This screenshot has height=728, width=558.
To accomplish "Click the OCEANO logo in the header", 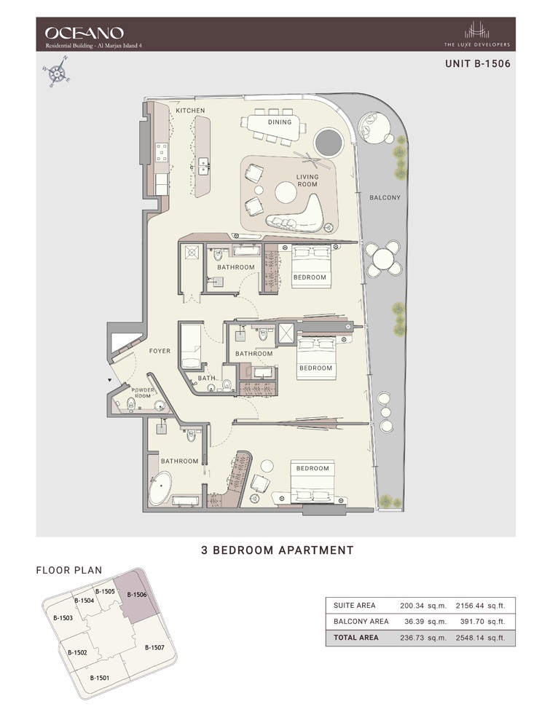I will point(84,32).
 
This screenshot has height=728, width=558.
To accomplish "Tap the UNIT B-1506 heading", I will point(477,63).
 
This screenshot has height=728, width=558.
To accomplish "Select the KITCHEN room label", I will point(190,111).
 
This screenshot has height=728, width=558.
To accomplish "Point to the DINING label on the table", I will point(279,122).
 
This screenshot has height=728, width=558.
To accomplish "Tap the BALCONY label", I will point(385,197).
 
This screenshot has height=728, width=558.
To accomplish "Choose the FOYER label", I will point(160,351).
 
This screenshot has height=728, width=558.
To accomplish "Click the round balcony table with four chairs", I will point(382,257).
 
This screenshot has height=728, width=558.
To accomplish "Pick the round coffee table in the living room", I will point(285,192).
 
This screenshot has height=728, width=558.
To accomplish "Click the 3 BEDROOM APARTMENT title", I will point(277,550).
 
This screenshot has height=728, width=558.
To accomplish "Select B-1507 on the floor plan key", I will point(155,647).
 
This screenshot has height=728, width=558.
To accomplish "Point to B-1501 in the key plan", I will point(100,678).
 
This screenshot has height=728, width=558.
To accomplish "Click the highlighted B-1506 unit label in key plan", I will point(137,595).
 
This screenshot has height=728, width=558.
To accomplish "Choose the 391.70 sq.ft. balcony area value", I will point(481,622).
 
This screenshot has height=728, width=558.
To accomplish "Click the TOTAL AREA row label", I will point(355,638).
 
